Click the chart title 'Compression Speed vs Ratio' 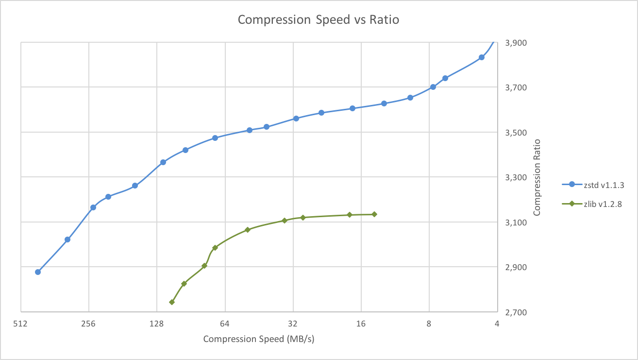[318, 20]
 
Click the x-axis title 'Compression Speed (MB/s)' [259, 339]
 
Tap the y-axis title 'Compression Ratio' [537, 177]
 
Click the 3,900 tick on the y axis [515, 43]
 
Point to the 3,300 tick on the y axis [515, 178]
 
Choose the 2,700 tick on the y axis [515, 312]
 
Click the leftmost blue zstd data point [38, 272]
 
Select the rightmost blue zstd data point [482, 57]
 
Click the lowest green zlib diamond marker [172, 302]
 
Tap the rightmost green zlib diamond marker [374, 214]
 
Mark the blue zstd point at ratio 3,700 [433, 87]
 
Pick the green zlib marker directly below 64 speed [215, 248]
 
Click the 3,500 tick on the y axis [515, 133]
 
